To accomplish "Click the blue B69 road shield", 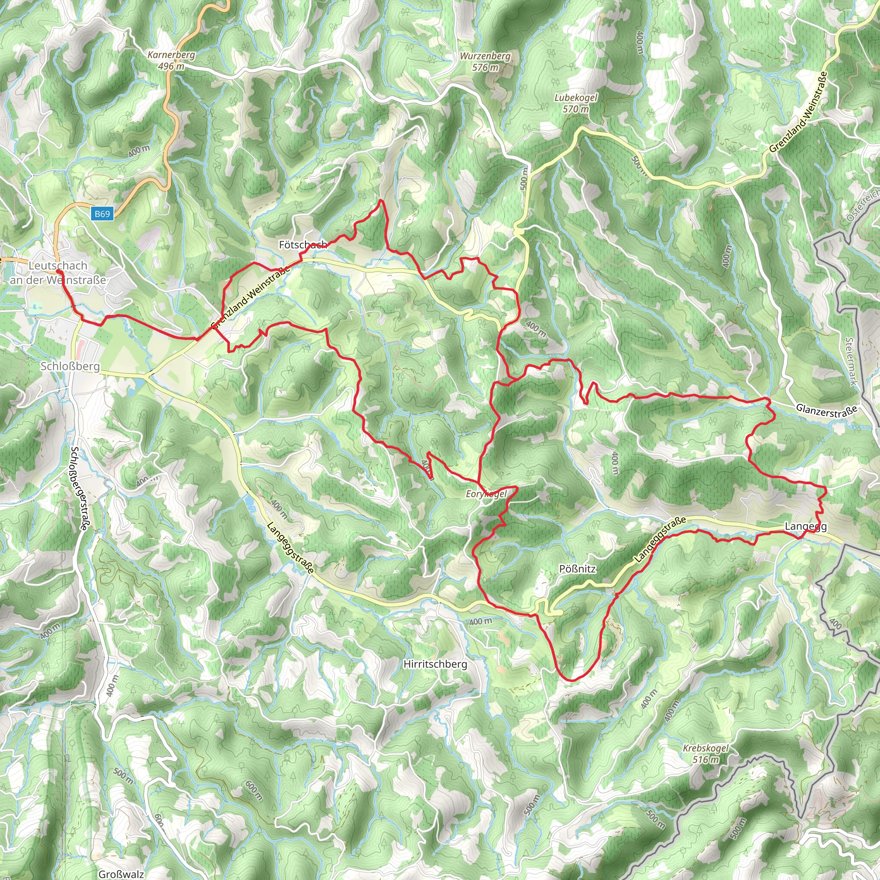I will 103,214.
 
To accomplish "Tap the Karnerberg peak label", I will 171,55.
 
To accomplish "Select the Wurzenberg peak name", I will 485,56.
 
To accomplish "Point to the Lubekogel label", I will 576,98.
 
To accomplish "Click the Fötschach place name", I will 302,245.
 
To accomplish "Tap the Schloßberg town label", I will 70,366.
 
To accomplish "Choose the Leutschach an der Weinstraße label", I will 58,272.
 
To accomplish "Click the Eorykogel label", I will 486,494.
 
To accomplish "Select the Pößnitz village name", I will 577,569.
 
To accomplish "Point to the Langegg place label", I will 805,526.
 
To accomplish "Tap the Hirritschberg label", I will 435,664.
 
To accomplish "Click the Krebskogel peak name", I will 706,749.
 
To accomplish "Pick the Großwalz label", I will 121,874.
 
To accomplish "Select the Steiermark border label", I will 850,362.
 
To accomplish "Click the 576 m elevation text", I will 485,67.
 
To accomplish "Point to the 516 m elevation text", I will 706,759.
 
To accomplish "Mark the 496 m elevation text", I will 171,66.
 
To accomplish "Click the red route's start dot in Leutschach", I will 58,272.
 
